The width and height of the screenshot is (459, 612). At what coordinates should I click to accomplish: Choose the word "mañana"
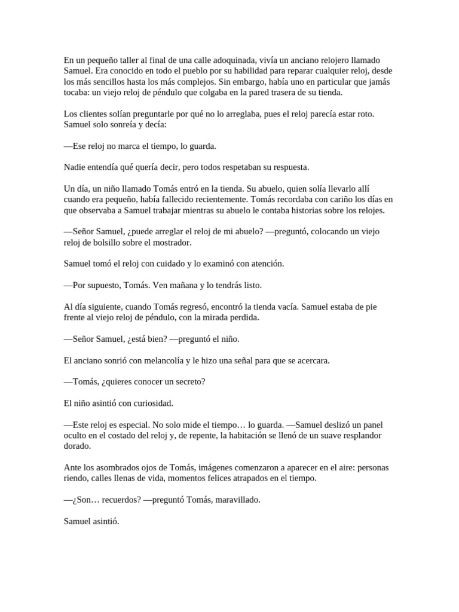(169, 284)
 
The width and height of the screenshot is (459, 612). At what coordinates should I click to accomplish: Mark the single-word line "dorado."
(78, 446)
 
